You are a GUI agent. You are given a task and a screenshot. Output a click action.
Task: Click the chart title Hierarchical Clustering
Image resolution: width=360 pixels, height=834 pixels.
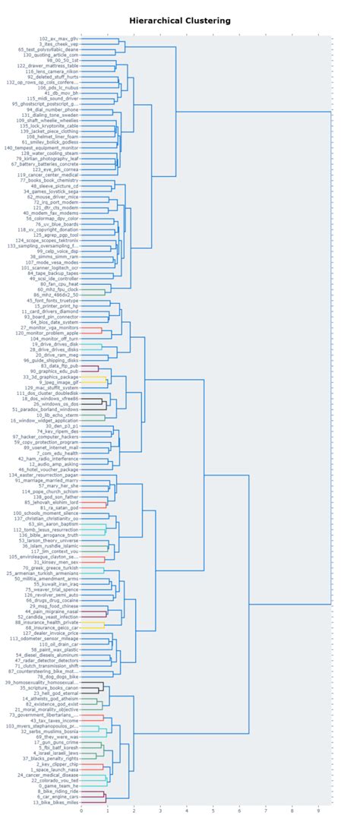(179, 21)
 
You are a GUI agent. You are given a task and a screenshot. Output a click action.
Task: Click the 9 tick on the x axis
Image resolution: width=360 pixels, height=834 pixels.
(318, 810)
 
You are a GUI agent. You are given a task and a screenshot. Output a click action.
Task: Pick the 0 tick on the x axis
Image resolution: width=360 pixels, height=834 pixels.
(81, 810)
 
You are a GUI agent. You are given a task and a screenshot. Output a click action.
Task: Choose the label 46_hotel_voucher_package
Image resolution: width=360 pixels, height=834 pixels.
(50, 469)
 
